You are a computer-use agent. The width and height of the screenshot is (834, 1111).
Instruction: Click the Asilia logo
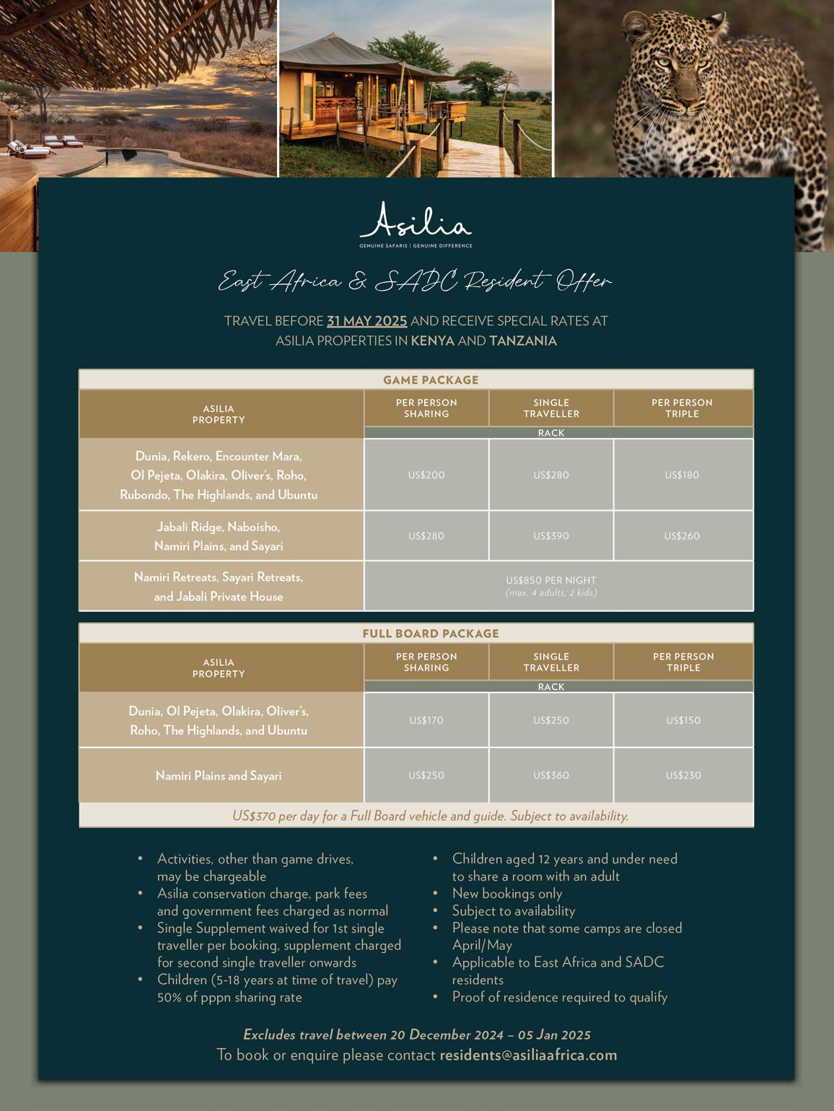coord(416,222)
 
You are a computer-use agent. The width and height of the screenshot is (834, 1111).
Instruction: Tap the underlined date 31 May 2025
coord(366,321)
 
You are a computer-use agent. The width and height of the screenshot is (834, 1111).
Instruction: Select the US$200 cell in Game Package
coord(426,475)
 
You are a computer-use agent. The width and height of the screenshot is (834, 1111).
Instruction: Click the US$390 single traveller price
coord(551,536)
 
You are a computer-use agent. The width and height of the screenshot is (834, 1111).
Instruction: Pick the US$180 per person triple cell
coord(682,475)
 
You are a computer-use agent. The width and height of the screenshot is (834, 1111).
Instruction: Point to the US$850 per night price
coord(551,580)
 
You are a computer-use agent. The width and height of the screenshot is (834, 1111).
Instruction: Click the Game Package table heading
coord(431,380)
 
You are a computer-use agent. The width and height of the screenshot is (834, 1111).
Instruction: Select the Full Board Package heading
coord(431,633)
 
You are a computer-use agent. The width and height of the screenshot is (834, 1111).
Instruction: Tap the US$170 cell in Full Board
coord(426,720)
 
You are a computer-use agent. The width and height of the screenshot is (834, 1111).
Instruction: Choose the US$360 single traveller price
coord(551,776)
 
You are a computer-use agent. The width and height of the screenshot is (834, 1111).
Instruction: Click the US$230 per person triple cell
coord(683,776)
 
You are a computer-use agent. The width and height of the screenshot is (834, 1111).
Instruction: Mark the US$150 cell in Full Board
coord(683,720)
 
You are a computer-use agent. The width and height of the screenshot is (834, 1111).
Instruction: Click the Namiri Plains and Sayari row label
coord(219,776)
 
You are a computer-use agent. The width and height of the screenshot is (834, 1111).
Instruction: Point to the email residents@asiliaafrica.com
coord(528,1055)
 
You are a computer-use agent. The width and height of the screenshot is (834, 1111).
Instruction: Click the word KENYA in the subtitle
coord(433,341)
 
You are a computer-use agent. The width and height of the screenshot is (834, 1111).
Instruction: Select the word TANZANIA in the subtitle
coord(523,341)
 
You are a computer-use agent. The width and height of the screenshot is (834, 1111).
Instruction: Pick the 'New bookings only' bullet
coord(506,894)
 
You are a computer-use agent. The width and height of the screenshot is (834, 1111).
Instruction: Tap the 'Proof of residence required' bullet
coord(559,997)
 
